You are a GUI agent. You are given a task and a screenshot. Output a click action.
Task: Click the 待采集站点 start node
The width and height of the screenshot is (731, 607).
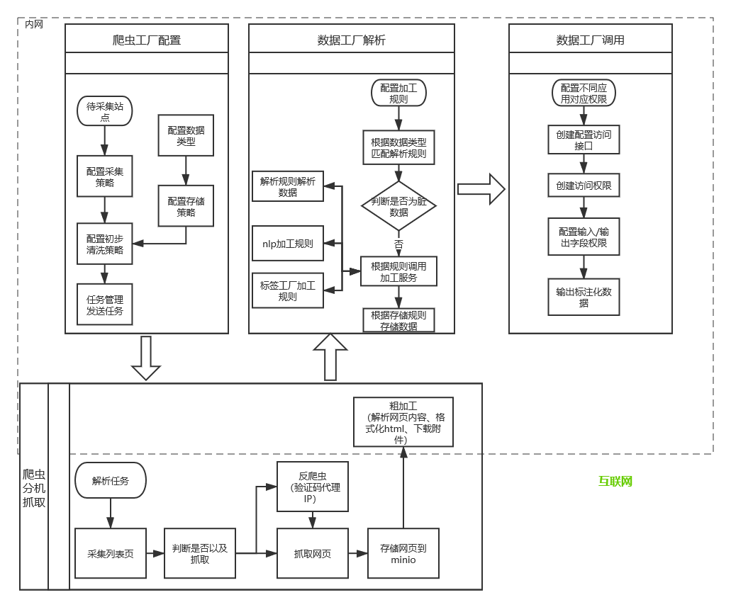105,112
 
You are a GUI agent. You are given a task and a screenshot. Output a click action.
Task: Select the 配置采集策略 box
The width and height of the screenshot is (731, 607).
105,177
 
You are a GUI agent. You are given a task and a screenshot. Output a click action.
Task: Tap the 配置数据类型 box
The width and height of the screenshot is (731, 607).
186,135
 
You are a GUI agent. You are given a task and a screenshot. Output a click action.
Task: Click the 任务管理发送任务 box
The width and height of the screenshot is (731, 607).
105,305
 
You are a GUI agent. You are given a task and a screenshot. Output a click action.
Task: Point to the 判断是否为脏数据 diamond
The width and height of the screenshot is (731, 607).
398,206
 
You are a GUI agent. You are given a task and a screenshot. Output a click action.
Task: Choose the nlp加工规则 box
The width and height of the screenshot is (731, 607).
288,244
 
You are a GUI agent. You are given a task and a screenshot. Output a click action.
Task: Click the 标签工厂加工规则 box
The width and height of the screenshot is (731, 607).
288,291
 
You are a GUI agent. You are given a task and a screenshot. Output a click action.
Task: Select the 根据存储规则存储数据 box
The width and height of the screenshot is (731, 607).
398,320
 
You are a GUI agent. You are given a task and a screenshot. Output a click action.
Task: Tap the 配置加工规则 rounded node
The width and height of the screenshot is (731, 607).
398,93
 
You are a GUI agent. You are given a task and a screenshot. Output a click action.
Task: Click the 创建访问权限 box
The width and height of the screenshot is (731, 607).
584,186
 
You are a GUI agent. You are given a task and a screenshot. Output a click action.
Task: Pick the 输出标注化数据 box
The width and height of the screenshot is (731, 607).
584,297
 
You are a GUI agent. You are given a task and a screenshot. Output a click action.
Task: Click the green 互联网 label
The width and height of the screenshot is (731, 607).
615,482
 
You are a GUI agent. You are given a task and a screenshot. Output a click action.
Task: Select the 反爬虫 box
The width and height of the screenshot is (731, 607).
313,487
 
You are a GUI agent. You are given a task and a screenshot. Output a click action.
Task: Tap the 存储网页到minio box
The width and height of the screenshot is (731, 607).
403,553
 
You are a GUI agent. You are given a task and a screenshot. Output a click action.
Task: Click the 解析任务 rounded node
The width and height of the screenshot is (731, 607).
111,480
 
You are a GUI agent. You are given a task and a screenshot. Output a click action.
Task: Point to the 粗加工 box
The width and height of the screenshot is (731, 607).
403,422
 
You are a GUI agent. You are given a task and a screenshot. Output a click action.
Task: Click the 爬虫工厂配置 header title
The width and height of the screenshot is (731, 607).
147,40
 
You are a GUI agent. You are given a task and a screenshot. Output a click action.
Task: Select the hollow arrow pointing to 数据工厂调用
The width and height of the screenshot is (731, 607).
481,189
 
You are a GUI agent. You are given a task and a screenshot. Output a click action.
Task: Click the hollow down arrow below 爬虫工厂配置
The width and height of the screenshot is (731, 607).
146,358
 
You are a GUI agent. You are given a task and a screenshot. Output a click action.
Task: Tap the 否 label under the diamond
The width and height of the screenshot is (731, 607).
398,244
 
